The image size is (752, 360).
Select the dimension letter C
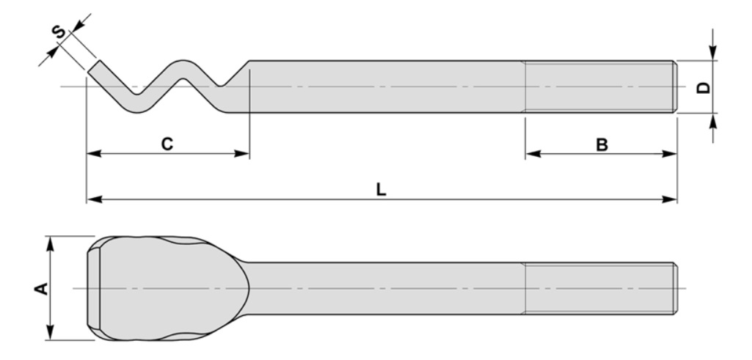click(167, 144)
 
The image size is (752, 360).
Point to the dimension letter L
click(381, 189)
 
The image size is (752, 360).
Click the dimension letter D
click(702, 87)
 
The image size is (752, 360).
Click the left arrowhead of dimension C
click(92, 154)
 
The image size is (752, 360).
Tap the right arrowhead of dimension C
click(244, 154)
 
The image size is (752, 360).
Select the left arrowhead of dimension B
click(531, 154)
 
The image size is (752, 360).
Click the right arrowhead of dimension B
click(670, 154)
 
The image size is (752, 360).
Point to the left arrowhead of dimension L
click(92, 199)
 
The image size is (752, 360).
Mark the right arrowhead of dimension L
click(670, 199)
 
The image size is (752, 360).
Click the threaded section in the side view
click(600, 87)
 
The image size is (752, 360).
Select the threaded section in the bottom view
click(600, 288)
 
